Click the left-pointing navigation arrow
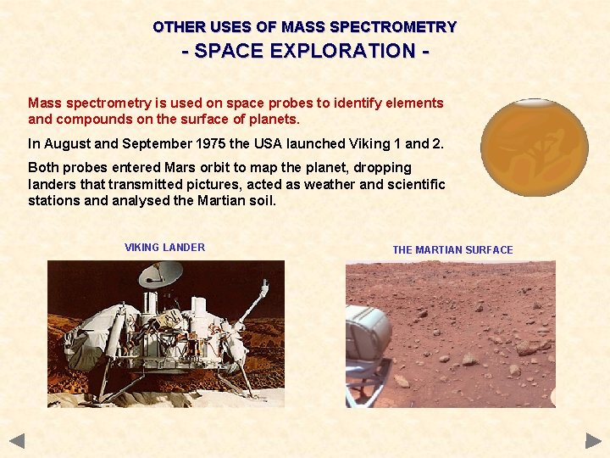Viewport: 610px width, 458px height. (x=17, y=440)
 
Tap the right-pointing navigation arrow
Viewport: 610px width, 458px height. (x=593, y=440)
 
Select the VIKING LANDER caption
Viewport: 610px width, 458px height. (x=164, y=248)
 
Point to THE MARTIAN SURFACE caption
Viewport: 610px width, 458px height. (x=452, y=250)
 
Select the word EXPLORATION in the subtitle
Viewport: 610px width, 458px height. (x=339, y=51)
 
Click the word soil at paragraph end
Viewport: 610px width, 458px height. (x=261, y=201)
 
